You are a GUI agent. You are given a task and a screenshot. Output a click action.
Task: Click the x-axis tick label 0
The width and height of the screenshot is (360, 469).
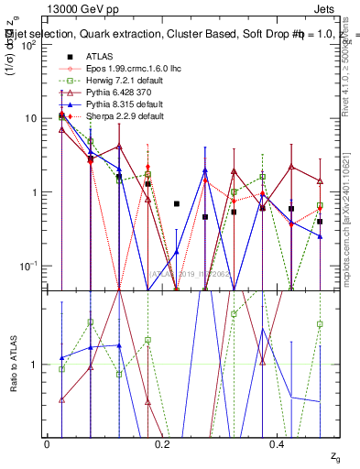[x=47, y=444]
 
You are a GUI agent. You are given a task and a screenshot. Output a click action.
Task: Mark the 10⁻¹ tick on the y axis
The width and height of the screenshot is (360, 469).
[x=30, y=266]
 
